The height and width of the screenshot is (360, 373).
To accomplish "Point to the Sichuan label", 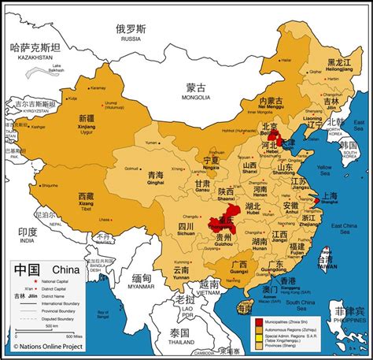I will click(186, 230).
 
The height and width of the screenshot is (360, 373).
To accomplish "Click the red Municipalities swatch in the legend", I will click(259, 322).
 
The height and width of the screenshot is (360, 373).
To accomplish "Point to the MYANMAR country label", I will click(142, 286).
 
